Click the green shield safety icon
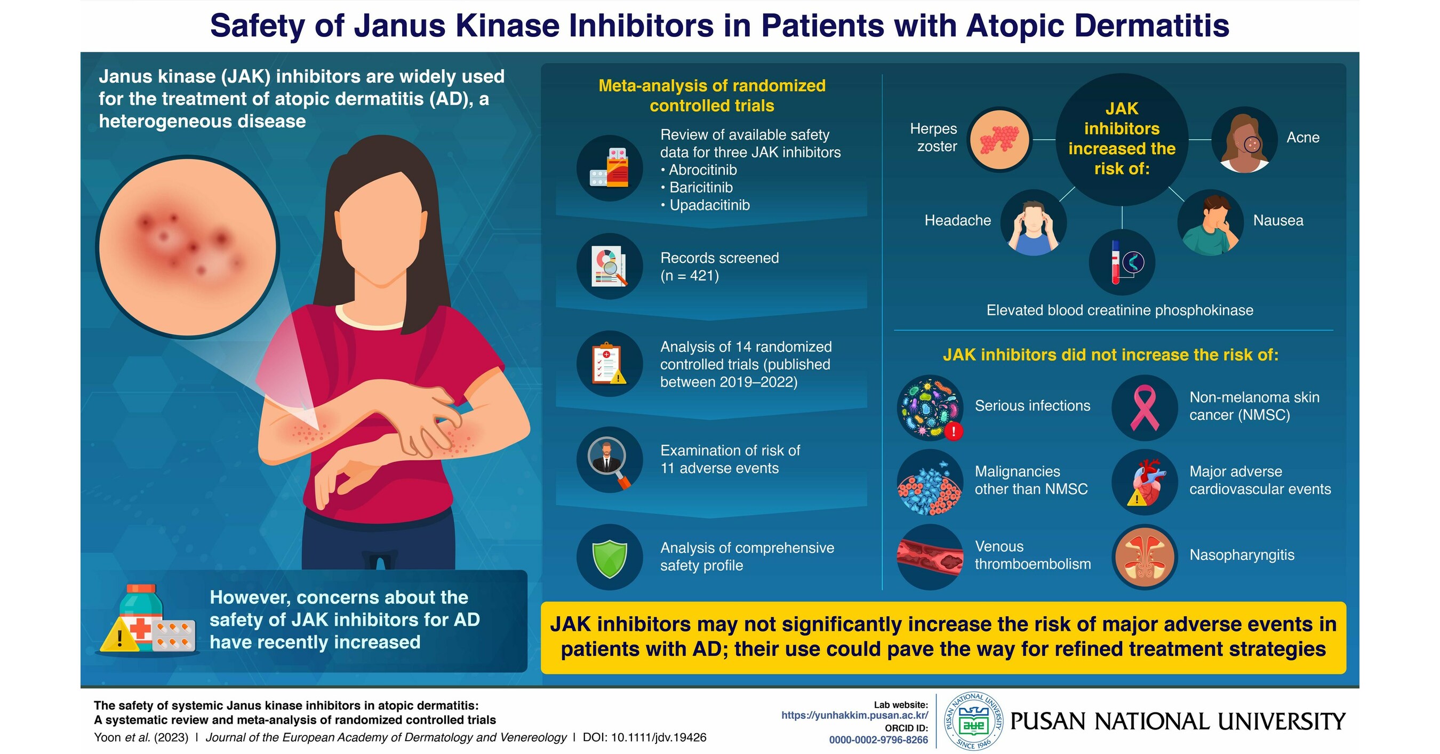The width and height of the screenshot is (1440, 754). point(609,557)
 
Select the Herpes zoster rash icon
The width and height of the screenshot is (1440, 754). point(999,139)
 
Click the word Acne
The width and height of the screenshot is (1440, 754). point(1302,138)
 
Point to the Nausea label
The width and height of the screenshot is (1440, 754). point(1277,220)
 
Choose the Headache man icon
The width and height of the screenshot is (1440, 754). point(1033,223)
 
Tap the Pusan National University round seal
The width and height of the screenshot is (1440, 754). point(973,721)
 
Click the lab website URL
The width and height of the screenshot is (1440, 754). point(854,716)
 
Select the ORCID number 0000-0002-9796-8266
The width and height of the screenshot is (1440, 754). point(878,740)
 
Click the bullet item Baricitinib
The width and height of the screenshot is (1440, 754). point(700,187)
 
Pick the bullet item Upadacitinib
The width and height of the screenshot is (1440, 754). point(709,205)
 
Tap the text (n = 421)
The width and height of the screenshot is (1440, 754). point(689,276)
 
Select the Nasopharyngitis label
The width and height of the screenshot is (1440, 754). point(1242,555)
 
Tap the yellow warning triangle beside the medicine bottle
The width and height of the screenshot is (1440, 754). point(119,637)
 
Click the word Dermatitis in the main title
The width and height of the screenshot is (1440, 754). point(1151,26)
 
